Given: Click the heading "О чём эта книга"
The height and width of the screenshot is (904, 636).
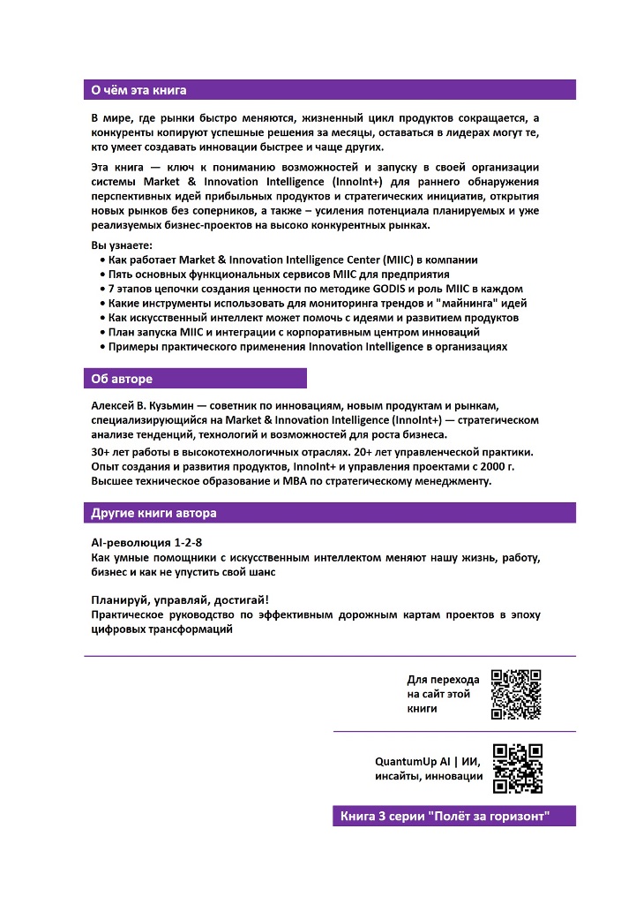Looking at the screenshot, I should (139, 90).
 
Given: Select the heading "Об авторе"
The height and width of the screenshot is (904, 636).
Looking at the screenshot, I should (122, 379).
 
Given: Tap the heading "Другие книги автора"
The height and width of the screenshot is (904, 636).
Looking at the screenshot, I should (153, 513).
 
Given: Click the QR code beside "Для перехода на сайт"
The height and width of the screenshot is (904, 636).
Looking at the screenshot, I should (516, 695).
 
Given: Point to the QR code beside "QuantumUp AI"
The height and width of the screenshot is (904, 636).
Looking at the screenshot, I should (517, 768).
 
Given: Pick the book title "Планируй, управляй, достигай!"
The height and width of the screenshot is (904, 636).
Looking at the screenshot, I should (181, 599).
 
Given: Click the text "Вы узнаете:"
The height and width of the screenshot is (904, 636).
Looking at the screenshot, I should (122, 245).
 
